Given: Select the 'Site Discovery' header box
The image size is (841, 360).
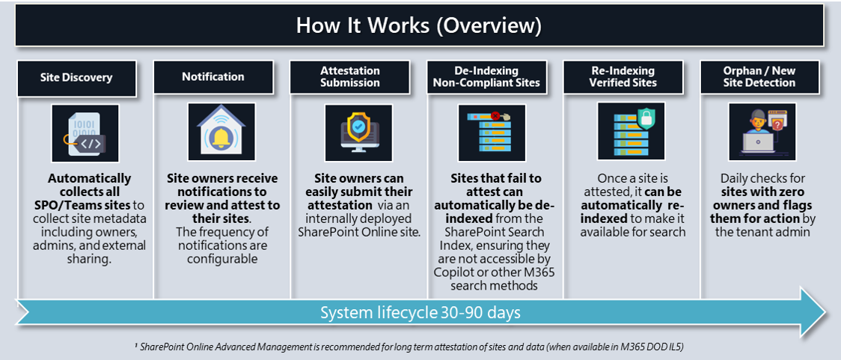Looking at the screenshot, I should tap(77, 77).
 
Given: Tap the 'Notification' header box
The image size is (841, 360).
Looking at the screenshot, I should tap(213, 77).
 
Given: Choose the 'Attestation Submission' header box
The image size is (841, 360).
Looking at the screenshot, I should tap(349, 76).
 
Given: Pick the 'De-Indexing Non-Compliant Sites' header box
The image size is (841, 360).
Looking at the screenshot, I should tap(486, 76).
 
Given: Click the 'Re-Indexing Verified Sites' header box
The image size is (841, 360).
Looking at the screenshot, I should tap(623, 76).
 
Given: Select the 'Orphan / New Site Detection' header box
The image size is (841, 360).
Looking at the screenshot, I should tap(759, 76).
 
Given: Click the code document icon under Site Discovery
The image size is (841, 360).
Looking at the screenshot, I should tap(85, 133).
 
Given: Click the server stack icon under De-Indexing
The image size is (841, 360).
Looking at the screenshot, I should tap(492, 132).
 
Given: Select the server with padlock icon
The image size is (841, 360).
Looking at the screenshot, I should tap(627, 132).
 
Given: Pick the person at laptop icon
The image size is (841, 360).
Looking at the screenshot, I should tap(762, 132).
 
